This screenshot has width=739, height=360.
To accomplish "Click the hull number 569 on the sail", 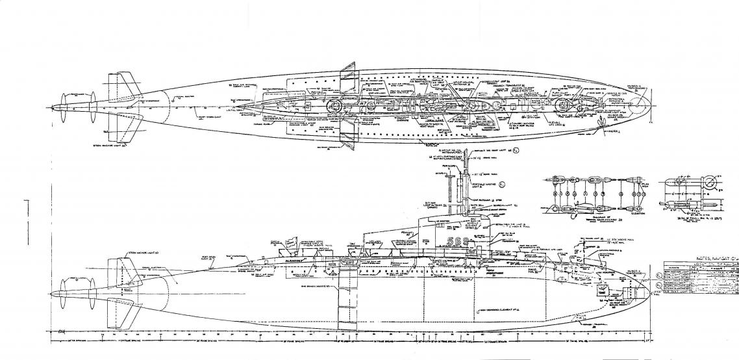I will (460, 240).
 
